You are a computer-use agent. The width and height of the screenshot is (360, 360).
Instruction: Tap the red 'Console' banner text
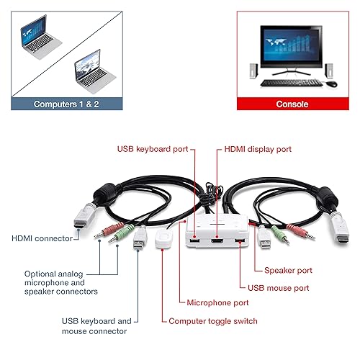pos(292,104)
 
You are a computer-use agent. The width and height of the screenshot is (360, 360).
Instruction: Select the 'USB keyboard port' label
pos(152,149)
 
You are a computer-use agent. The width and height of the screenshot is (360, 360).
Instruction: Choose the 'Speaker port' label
pos(288,270)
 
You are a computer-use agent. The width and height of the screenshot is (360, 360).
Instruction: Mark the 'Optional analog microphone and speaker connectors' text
pos(61,282)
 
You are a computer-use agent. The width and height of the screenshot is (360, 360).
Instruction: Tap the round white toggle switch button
pos(163,238)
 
